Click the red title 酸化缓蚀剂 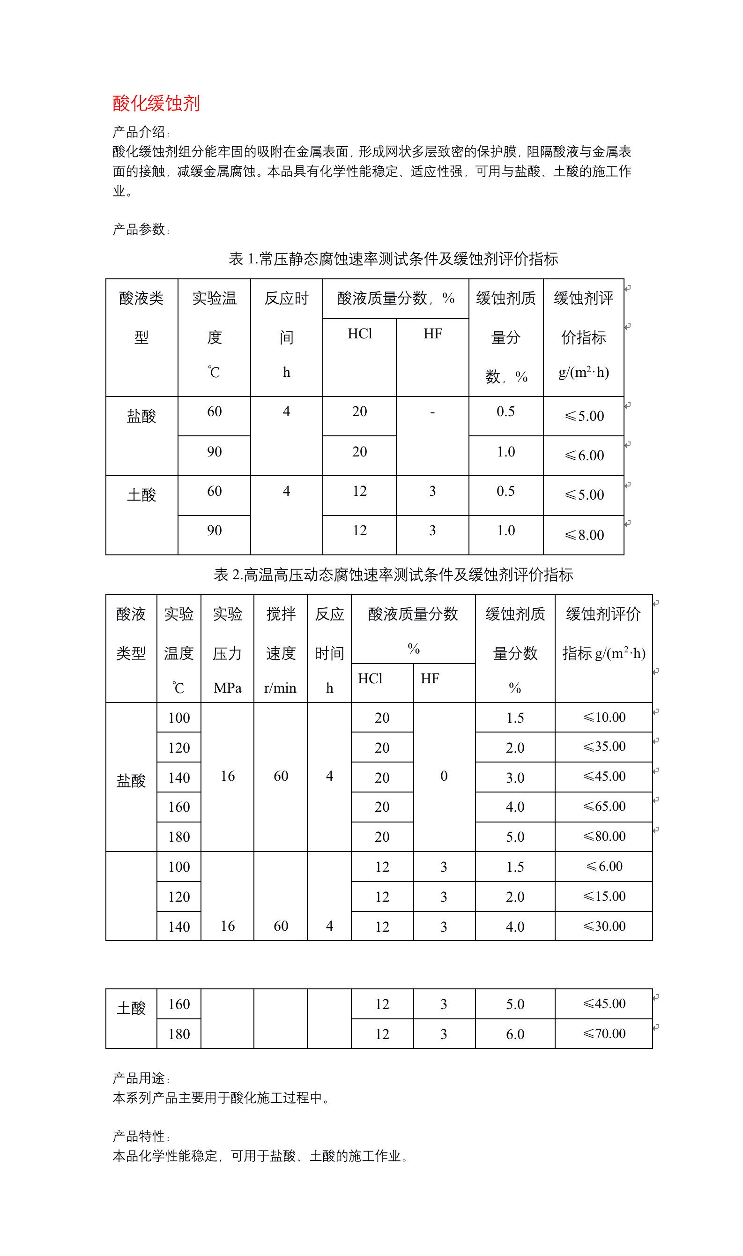(x=156, y=103)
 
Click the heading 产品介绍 (x=141, y=132)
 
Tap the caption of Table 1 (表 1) (x=393, y=259)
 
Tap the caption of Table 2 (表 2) (x=393, y=575)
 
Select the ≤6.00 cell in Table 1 (x=584, y=455)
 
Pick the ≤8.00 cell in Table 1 (x=584, y=535)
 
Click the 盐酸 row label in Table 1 (x=141, y=416)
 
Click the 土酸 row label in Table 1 (x=141, y=495)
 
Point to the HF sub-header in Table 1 (x=432, y=334)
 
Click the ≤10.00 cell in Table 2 (x=604, y=717)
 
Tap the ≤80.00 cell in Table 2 (x=604, y=837)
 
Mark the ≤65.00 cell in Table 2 (x=604, y=806)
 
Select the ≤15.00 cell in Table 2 (x=604, y=897)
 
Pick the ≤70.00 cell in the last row (x=604, y=1034)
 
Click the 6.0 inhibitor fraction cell (x=515, y=1034)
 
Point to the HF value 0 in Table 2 (x=444, y=776)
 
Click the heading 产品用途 (x=141, y=1078)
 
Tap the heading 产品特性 (x=141, y=1136)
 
